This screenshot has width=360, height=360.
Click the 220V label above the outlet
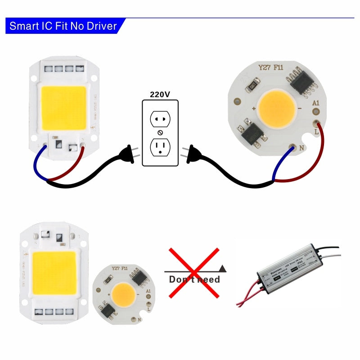pos(160,95)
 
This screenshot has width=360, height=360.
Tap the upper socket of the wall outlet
pos(160,119)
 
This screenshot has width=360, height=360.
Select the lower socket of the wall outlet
pos(160,147)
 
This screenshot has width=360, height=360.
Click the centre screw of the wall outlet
pos(160,133)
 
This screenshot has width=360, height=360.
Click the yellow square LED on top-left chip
pos(63,107)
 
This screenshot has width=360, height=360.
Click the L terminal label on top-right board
pos(317,132)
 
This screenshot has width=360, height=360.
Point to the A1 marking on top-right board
pos(316,103)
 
